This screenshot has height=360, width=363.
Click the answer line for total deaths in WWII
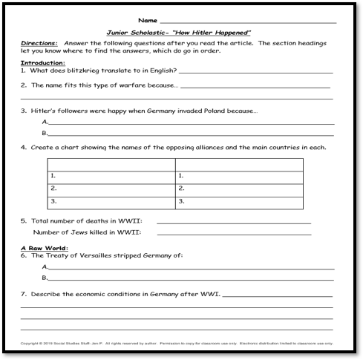coord(233,222)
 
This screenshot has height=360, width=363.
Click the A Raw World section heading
coord(45,247)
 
